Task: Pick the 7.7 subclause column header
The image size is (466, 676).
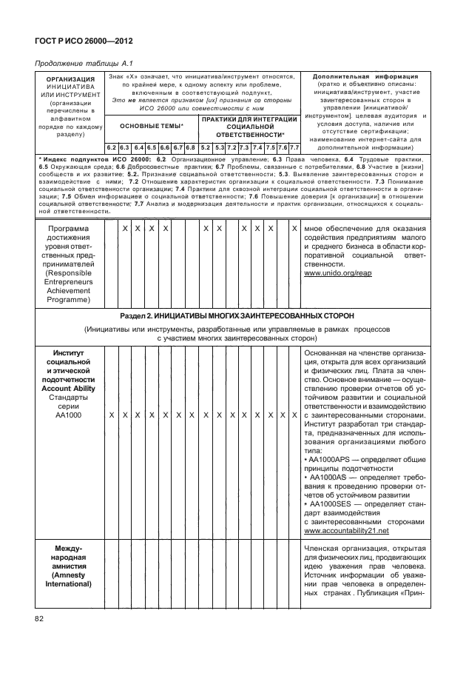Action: [x=294, y=147]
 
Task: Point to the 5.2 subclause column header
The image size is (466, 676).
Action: [x=205, y=147]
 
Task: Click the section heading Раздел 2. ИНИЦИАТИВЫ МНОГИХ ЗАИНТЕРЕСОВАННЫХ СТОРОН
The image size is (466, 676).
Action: [x=237, y=315]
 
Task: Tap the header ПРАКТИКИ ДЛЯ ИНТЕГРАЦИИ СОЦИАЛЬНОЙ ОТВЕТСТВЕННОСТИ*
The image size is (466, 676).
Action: [x=249, y=127]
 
